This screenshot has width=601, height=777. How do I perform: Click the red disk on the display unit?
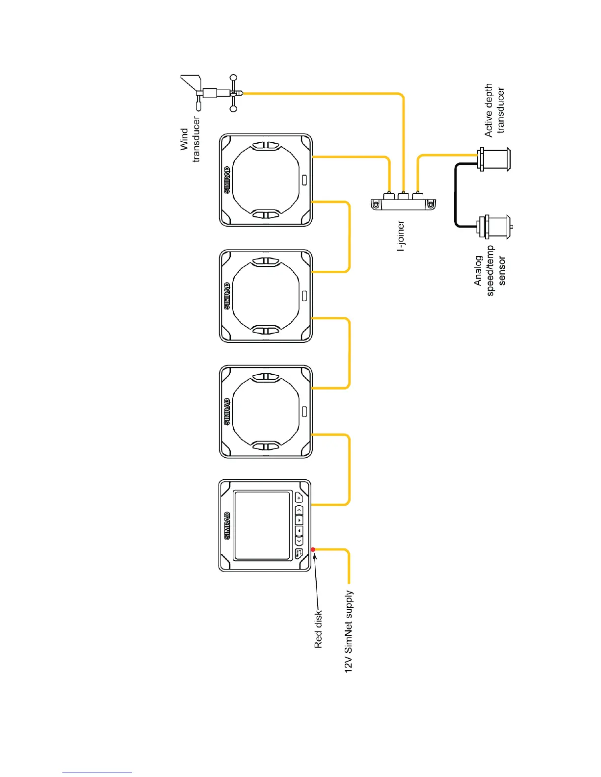tap(313, 549)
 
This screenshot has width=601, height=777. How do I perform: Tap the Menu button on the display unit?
tap(299, 554)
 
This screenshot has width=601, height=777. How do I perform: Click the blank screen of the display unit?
tap(263, 525)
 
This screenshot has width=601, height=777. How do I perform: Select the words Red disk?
tap(319, 629)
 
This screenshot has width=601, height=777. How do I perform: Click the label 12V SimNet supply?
tap(349, 631)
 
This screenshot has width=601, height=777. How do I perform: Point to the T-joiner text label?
tap(401, 237)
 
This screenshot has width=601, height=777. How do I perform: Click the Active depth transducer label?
tap(494, 110)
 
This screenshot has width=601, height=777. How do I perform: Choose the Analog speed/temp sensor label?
tap(490, 270)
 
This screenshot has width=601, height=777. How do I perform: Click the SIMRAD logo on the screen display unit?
tap(227, 526)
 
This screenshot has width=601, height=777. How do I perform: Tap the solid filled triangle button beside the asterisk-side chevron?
tap(299, 520)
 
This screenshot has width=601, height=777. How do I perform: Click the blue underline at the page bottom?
tap(97, 773)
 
